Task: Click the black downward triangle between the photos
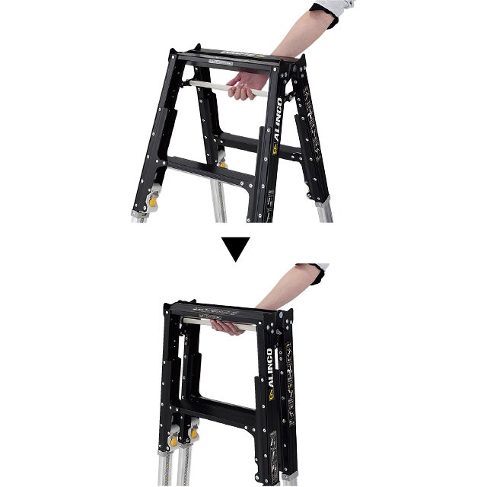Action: click(237, 249)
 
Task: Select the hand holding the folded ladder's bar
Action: click(228, 326)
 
